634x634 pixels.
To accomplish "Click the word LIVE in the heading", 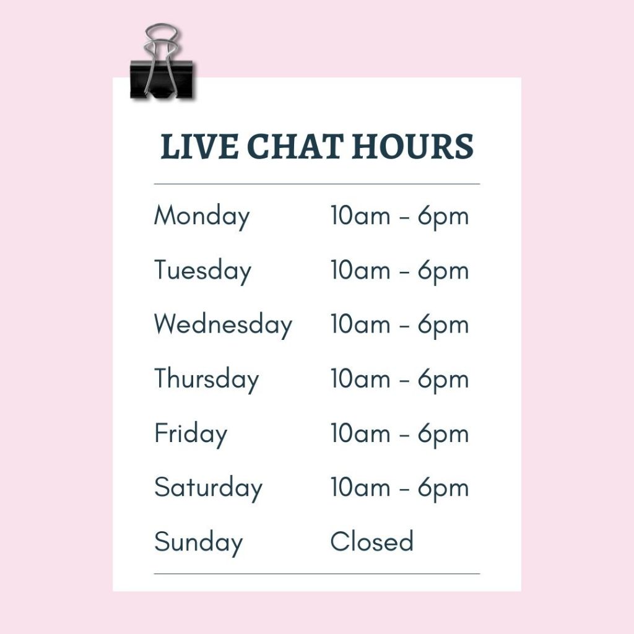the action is (199, 146).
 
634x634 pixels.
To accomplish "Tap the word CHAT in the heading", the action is (295, 146).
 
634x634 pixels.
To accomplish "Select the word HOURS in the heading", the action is (412, 146).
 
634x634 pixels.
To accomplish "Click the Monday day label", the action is (202, 217).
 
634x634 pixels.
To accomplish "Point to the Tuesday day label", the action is (202, 271).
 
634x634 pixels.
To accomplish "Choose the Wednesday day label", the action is (223, 326).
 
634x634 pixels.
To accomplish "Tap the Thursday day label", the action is (206, 380).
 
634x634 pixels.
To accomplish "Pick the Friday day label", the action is (191, 435).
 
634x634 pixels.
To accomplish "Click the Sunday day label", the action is (199, 543).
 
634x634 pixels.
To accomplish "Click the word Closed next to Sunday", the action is (371, 541).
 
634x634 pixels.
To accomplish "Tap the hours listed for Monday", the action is (399, 217).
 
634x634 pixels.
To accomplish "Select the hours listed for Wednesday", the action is (399, 326).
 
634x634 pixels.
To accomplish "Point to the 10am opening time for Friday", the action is (360, 433).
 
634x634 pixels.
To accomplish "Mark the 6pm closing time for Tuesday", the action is (443, 271).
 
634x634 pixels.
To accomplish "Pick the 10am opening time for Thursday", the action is (360, 378).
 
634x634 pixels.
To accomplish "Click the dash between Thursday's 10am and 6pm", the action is (404, 381).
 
